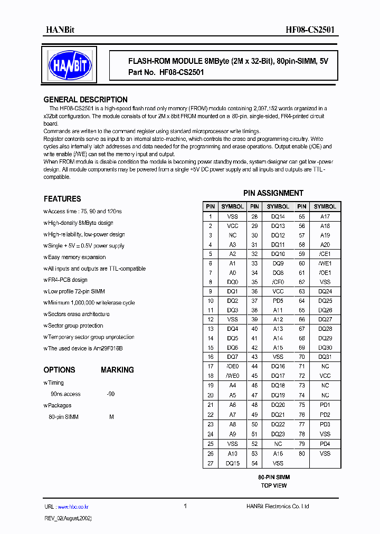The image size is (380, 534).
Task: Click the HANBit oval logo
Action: coord(70,65)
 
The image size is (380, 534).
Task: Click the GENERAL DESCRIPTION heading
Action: coord(85,100)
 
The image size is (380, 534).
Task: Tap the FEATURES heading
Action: coord(62,199)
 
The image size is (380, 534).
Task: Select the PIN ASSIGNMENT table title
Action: coord(273,193)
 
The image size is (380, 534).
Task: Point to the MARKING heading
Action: coord(117,370)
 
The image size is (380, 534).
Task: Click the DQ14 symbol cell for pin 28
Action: coord(278,216)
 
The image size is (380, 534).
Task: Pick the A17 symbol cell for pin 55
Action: coord(325,216)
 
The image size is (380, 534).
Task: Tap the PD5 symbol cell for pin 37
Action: coord(278,301)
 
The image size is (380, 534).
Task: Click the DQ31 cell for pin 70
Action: coord(325,357)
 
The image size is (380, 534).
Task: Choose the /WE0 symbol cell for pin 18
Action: coord(232,376)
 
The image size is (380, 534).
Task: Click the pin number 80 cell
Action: coord(302,454)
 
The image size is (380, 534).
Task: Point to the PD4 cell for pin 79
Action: coord(325,444)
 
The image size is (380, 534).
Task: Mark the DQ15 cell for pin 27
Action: coord(232,463)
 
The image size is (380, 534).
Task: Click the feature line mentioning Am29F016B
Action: coord(84,348)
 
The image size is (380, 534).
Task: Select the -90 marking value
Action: coord(110,394)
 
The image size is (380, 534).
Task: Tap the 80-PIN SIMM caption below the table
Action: coord(274,477)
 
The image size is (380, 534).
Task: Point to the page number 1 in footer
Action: coord(185,506)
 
